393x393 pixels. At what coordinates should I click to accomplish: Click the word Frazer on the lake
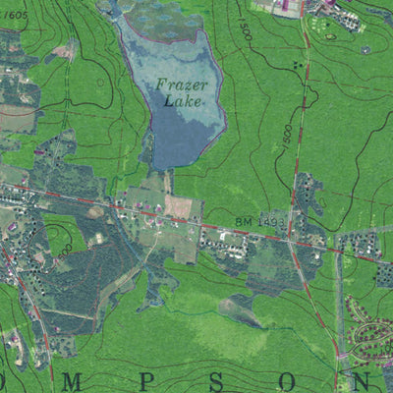point(180,84)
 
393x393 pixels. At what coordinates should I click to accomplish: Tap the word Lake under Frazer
point(184,100)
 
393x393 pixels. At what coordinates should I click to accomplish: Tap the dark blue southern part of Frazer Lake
point(177,138)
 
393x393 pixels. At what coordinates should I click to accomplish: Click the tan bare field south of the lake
point(183,205)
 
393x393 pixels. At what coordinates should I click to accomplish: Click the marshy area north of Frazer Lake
point(157,12)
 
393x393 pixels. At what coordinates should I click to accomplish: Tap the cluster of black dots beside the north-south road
point(296,65)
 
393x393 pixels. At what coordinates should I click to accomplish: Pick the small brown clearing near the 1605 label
point(63,51)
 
